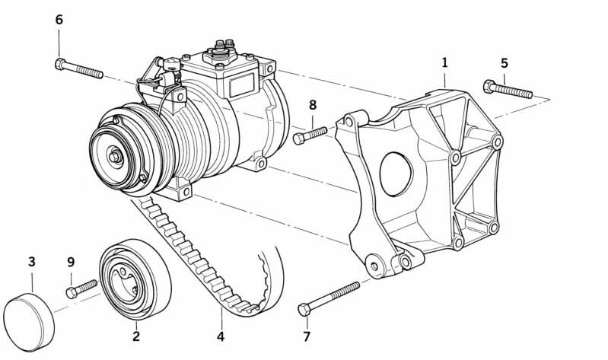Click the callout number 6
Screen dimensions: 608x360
[x=59, y=19]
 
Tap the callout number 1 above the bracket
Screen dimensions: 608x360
[x=444, y=62]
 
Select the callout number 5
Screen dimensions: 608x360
[x=504, y=63]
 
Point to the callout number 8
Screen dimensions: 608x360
[x=313, y=105]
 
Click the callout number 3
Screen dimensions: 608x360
[x=32, y=262]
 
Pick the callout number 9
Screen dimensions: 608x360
[x=71, y=263]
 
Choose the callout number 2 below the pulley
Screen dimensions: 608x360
[x=135, y=336]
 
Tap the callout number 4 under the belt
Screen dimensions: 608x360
[x=221, y=336]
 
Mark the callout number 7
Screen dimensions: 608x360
[x=307, y=336]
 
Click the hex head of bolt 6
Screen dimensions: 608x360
[x=60, y=64]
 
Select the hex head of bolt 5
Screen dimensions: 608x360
[x=489, y=86]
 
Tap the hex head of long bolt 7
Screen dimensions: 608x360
[x=304, y=310]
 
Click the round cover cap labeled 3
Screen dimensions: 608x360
[x=29, y=323]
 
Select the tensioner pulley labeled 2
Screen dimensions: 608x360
[x=135, y=279]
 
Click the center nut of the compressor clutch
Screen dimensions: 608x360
[x=115, y=156]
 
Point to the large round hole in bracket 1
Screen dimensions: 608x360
[x=396, y=174]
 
